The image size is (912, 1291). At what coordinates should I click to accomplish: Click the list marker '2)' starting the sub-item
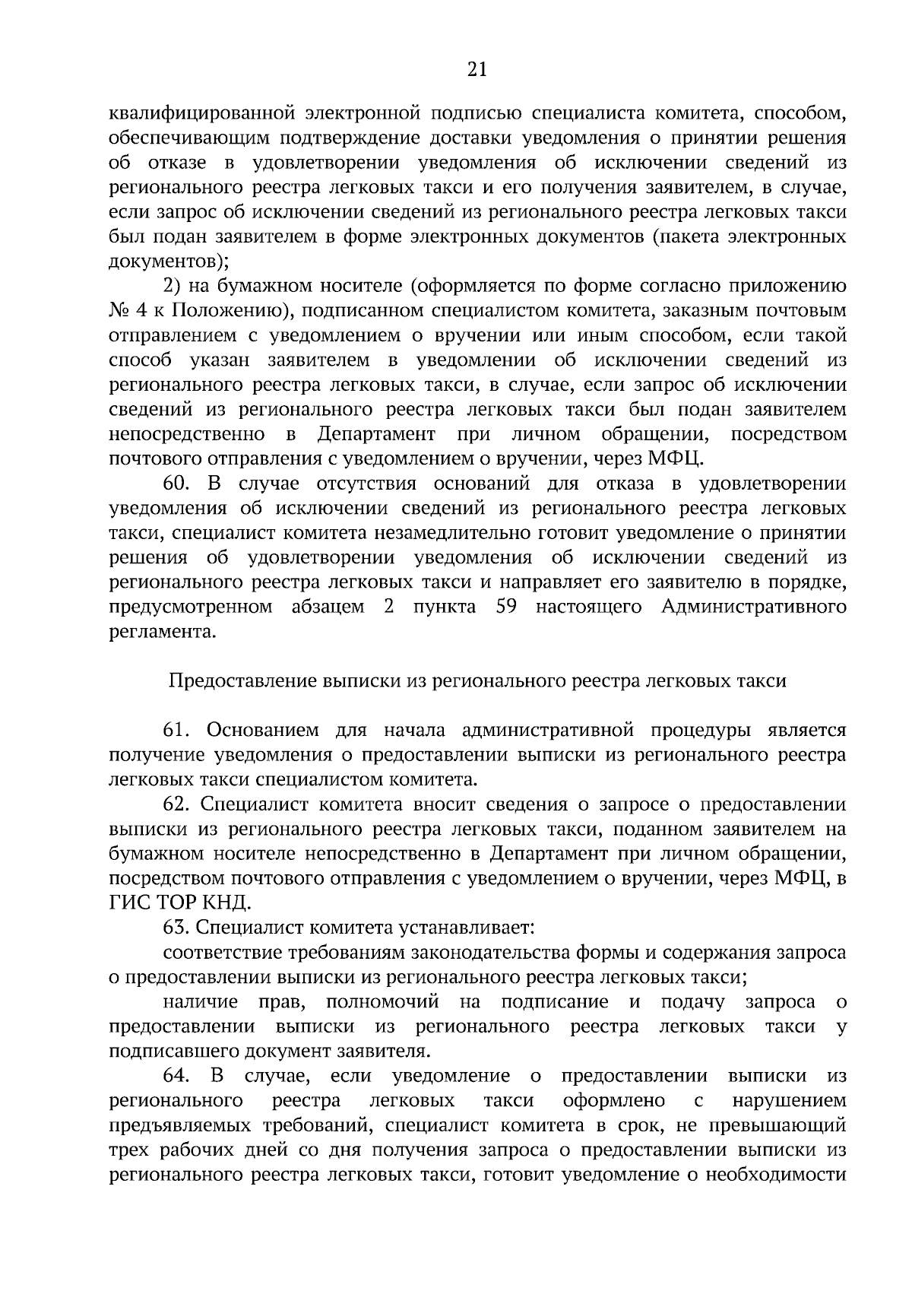(x=173, y=286)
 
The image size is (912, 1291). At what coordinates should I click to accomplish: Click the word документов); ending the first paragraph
(x=169, y=262)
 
